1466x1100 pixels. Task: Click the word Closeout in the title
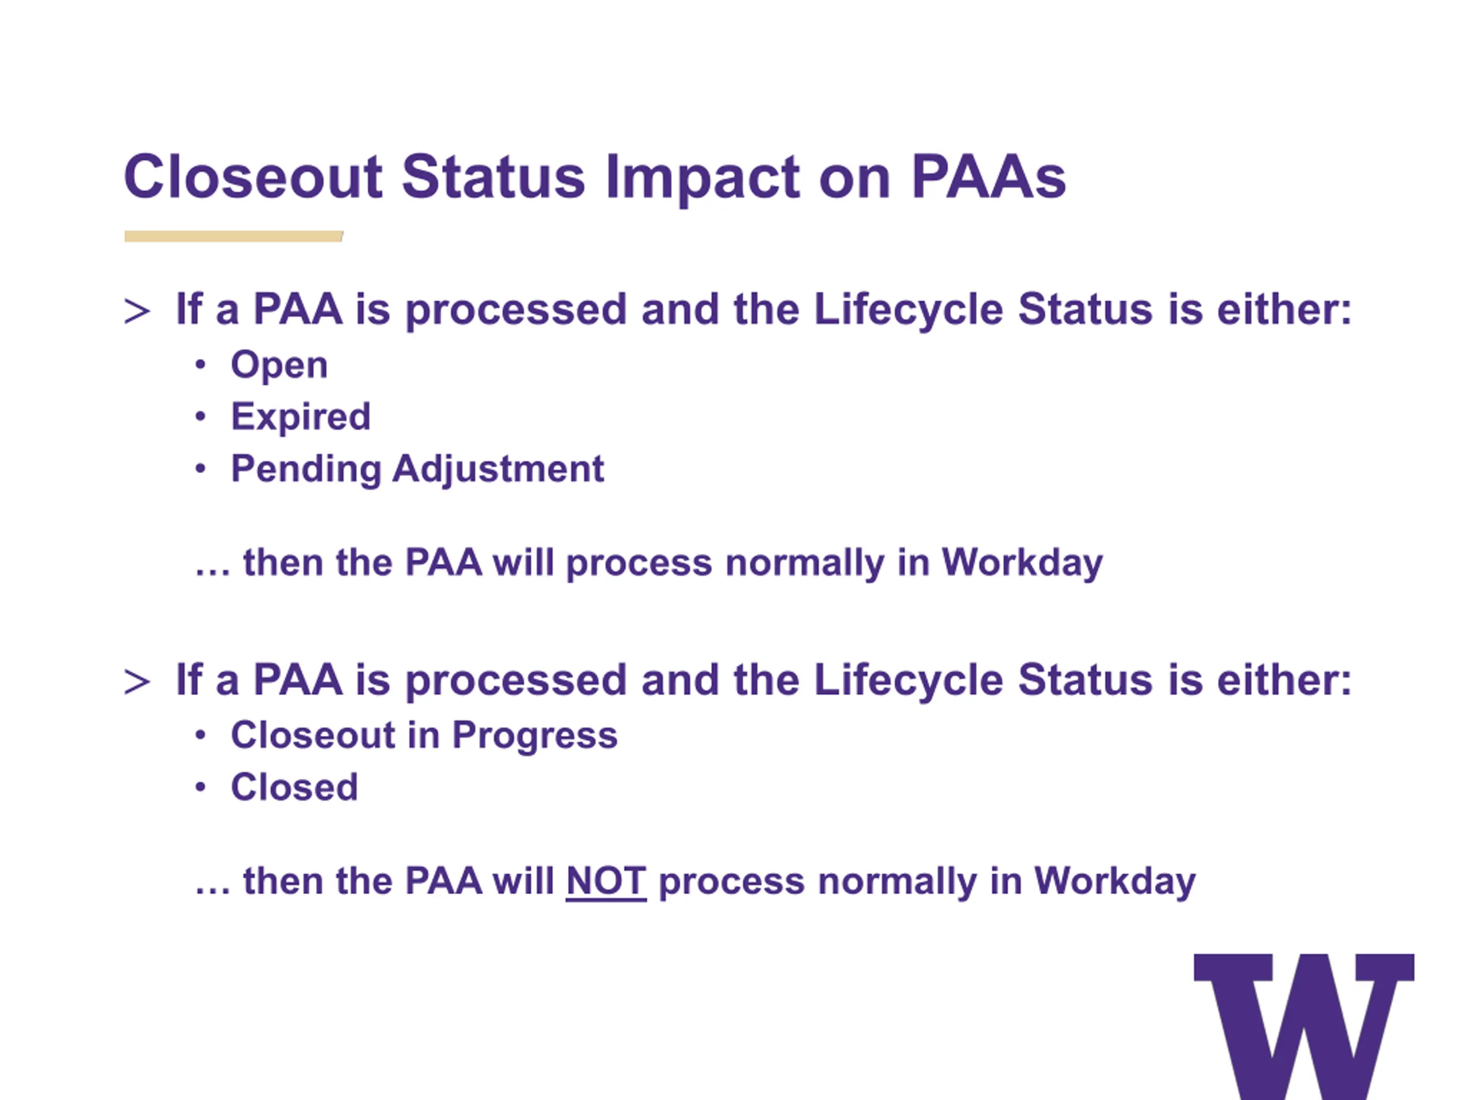click(x=253, y=176)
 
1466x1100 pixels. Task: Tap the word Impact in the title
click(x=703, y=179)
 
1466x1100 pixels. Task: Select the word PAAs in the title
click(x=988, y=176)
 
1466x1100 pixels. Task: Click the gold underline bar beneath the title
click(x=233, y=236)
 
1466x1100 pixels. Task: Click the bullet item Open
click(x=279, y=366)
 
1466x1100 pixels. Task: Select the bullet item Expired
click(x=300, y=418)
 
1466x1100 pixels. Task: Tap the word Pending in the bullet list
click(x=306, y=469)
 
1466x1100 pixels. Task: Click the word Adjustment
click(x=498, y=469)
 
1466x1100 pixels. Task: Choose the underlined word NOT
click(x=606, y=881)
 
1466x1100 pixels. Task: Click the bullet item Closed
click(x=294, y=787)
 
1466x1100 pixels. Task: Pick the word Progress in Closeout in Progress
click(x=535, y=736)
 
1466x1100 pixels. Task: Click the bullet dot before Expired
click(x=201, y=417)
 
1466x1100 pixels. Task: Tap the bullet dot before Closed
click(x=201, y=788)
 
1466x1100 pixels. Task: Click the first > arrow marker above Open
click(x=136, y=312)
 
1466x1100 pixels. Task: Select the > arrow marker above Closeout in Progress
click(x=136, y=682)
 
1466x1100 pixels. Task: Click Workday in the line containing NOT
click(x=1115, y=882)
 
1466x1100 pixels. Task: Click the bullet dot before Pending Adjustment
click(x=201, y=469)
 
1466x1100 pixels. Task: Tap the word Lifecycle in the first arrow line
click(x=909, y=311)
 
